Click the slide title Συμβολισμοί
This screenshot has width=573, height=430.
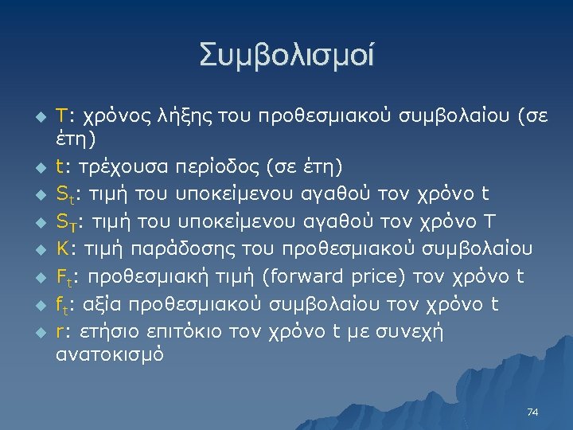click(286, 56)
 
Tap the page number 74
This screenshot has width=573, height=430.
click(533, 412)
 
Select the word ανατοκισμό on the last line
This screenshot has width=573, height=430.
click(110, 354)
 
